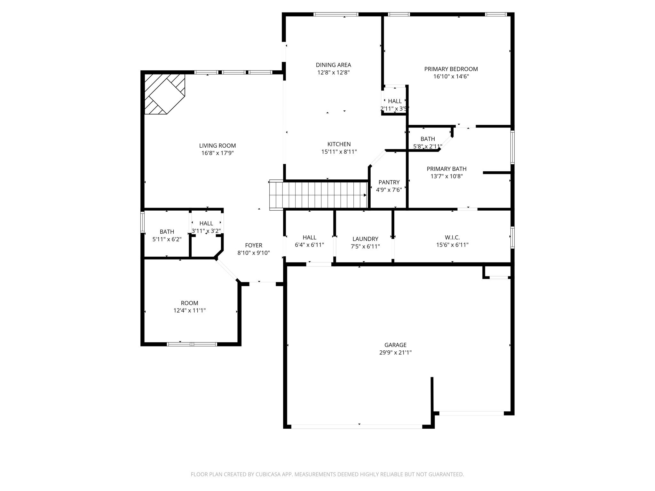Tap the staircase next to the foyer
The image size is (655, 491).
click(318, 195)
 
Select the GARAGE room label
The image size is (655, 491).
click(395, 345)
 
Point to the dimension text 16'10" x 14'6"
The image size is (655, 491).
click(451, 76)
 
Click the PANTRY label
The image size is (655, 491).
click(389, 182)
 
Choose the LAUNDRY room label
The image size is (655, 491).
click(365, 239)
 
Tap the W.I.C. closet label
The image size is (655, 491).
click(452, 238)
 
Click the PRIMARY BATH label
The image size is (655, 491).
click(446, 169)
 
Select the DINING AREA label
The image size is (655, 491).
click(333, 65)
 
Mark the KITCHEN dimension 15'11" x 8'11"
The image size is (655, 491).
click(339, 152)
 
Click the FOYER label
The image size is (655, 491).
click(254, 245)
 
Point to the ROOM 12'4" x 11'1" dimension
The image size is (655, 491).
click(189, 310)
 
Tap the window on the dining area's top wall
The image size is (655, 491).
click(336, 14)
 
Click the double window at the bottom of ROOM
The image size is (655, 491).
click(192, 344)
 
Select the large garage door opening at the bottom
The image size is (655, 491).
click(357, 426)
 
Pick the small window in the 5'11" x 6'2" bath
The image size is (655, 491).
click(143, 222)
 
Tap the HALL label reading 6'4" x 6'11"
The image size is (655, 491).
click(309, 238)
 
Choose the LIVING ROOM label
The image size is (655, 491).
click(217, 146)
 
